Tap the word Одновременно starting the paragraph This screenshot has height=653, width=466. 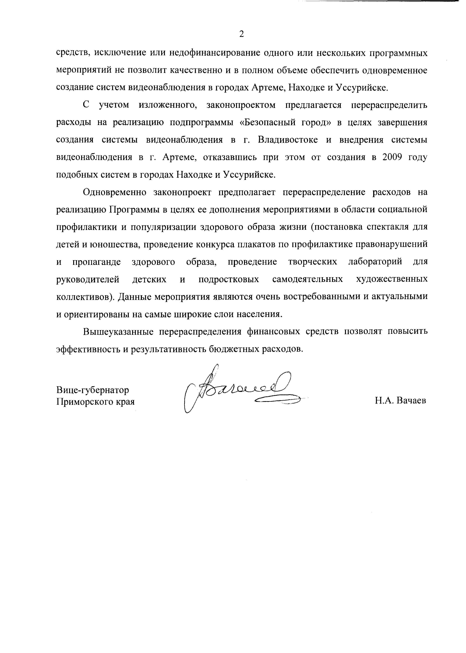tap(115, 192)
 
